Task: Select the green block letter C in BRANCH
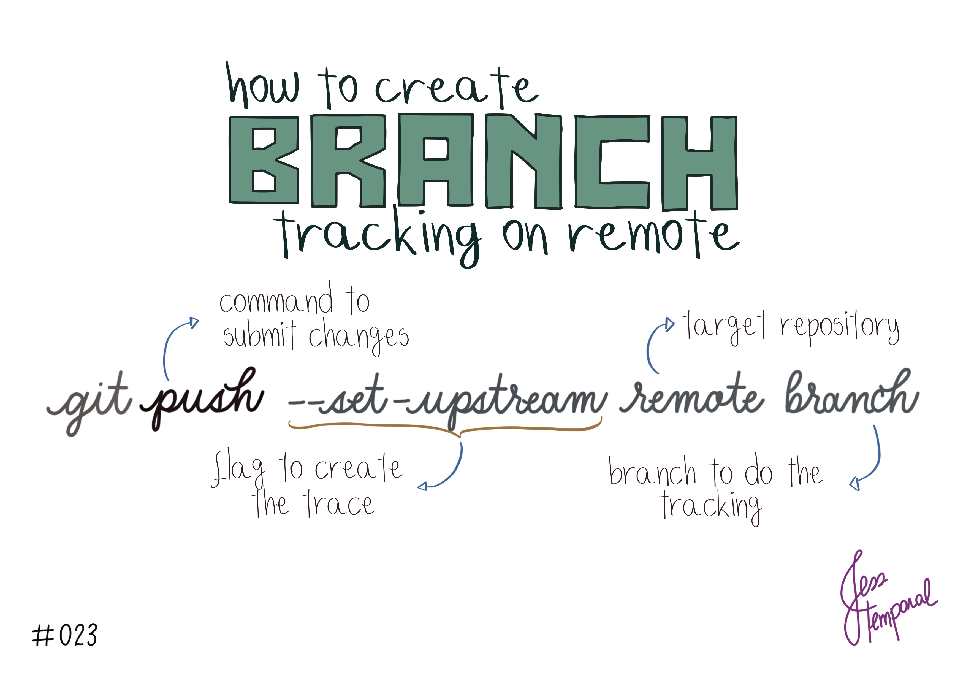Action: (612, 162)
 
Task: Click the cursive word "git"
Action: (89, 402)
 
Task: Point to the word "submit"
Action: (260, 335)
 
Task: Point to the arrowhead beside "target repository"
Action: (669, 324)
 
